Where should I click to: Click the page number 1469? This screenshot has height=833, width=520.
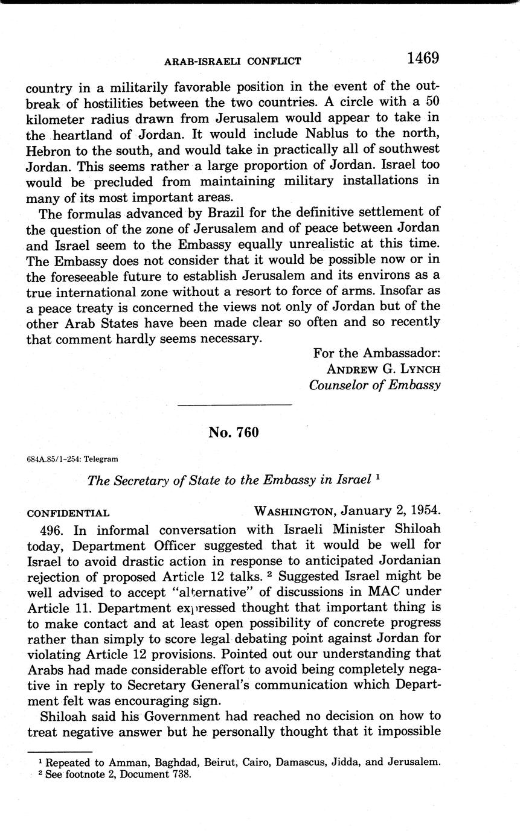[422, 58]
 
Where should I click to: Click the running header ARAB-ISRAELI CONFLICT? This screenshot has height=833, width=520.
[233, 61]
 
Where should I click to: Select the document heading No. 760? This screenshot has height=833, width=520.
[233, 432]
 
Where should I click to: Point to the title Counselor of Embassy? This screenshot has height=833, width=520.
[374, 385]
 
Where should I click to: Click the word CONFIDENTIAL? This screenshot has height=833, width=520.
[68, 514]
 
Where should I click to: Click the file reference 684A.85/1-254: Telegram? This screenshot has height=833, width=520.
[72, 459]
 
